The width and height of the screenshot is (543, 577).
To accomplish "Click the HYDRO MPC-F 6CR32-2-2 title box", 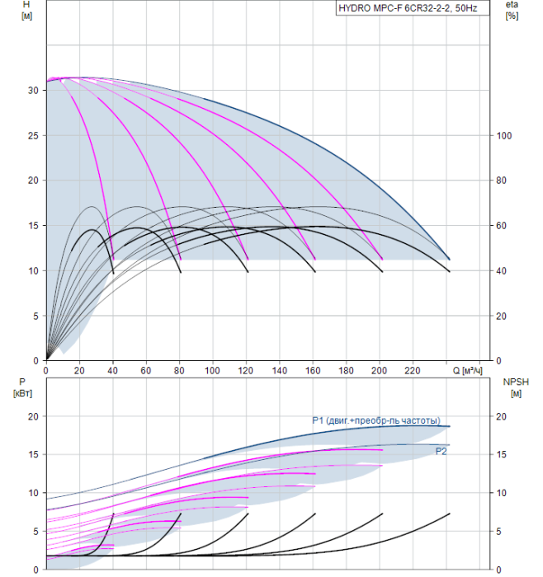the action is click(x=413, y=8).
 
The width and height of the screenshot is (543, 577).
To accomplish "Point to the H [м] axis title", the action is click(x=26, y=10).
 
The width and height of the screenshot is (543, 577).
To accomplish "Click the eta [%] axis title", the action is click(x=512, y=10).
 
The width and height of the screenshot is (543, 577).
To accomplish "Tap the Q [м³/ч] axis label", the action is click(x=467, y=370).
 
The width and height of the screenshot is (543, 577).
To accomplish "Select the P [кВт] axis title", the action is click(x=22, y=388).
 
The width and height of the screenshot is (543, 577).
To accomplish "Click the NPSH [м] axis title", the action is click(x=516, y=388).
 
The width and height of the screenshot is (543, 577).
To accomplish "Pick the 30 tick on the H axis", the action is click(x=33, y=90).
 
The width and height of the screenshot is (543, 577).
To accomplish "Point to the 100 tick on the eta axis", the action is click(x=504, y=136).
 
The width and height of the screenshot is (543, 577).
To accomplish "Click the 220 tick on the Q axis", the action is click(x=413, y=371).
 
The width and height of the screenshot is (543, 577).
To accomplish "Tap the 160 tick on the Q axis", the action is click(x=313, y=371).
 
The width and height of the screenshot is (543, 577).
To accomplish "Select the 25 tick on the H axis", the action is click(x=33, y=136).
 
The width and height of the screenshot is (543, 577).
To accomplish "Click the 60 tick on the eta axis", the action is click(x=502, y=226).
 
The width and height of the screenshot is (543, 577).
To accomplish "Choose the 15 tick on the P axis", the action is click(x=33, y=454).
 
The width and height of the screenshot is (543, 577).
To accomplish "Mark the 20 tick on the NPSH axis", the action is click(x=502, y=416).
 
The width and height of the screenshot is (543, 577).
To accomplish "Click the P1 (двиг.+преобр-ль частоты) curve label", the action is click(x=376, y=420).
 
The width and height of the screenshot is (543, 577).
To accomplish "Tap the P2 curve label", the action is click(x=441, y=451).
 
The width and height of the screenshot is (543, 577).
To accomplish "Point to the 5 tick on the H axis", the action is click(x=35, y=316).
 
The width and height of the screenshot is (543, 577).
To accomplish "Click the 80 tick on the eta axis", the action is click(x=502, y=181).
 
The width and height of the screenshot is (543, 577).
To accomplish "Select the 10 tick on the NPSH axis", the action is click(x=502, y=493).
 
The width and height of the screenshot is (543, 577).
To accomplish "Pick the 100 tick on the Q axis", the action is click(x=213, y=371).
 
